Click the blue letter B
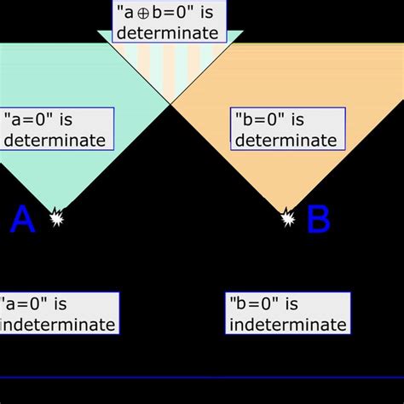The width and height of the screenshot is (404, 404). pos(317,220)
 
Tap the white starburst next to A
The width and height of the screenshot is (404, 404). pos(56,217)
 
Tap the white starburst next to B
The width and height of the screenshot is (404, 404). pos(288,219)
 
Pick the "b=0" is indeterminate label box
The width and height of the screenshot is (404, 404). pos(288,313)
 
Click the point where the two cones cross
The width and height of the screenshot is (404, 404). pos(170,103)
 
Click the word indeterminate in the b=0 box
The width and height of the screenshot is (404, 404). pos(288,324)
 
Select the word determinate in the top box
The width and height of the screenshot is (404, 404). pos(167,33)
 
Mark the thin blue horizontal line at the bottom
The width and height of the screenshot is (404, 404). pos(202,378)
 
